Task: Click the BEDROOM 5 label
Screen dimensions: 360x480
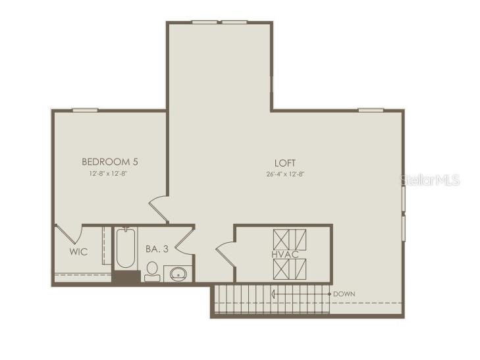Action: [109, 161]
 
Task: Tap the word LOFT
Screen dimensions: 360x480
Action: [285, 163]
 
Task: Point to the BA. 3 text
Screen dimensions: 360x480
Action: [157, 249]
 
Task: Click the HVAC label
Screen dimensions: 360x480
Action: [284, 253]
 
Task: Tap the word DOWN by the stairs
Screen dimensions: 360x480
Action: [346, 294]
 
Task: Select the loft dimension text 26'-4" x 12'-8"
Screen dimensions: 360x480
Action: [285, 174]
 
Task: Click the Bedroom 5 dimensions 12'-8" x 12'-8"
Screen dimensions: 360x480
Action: [109, 174]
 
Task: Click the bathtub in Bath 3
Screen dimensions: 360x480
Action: [125, 249]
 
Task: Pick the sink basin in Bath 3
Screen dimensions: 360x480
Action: [178, 274]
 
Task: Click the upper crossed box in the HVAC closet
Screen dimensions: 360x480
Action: [290, 238]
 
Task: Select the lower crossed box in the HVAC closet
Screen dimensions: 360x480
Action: [290, 269]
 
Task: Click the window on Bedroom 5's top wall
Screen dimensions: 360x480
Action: [85, 110]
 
